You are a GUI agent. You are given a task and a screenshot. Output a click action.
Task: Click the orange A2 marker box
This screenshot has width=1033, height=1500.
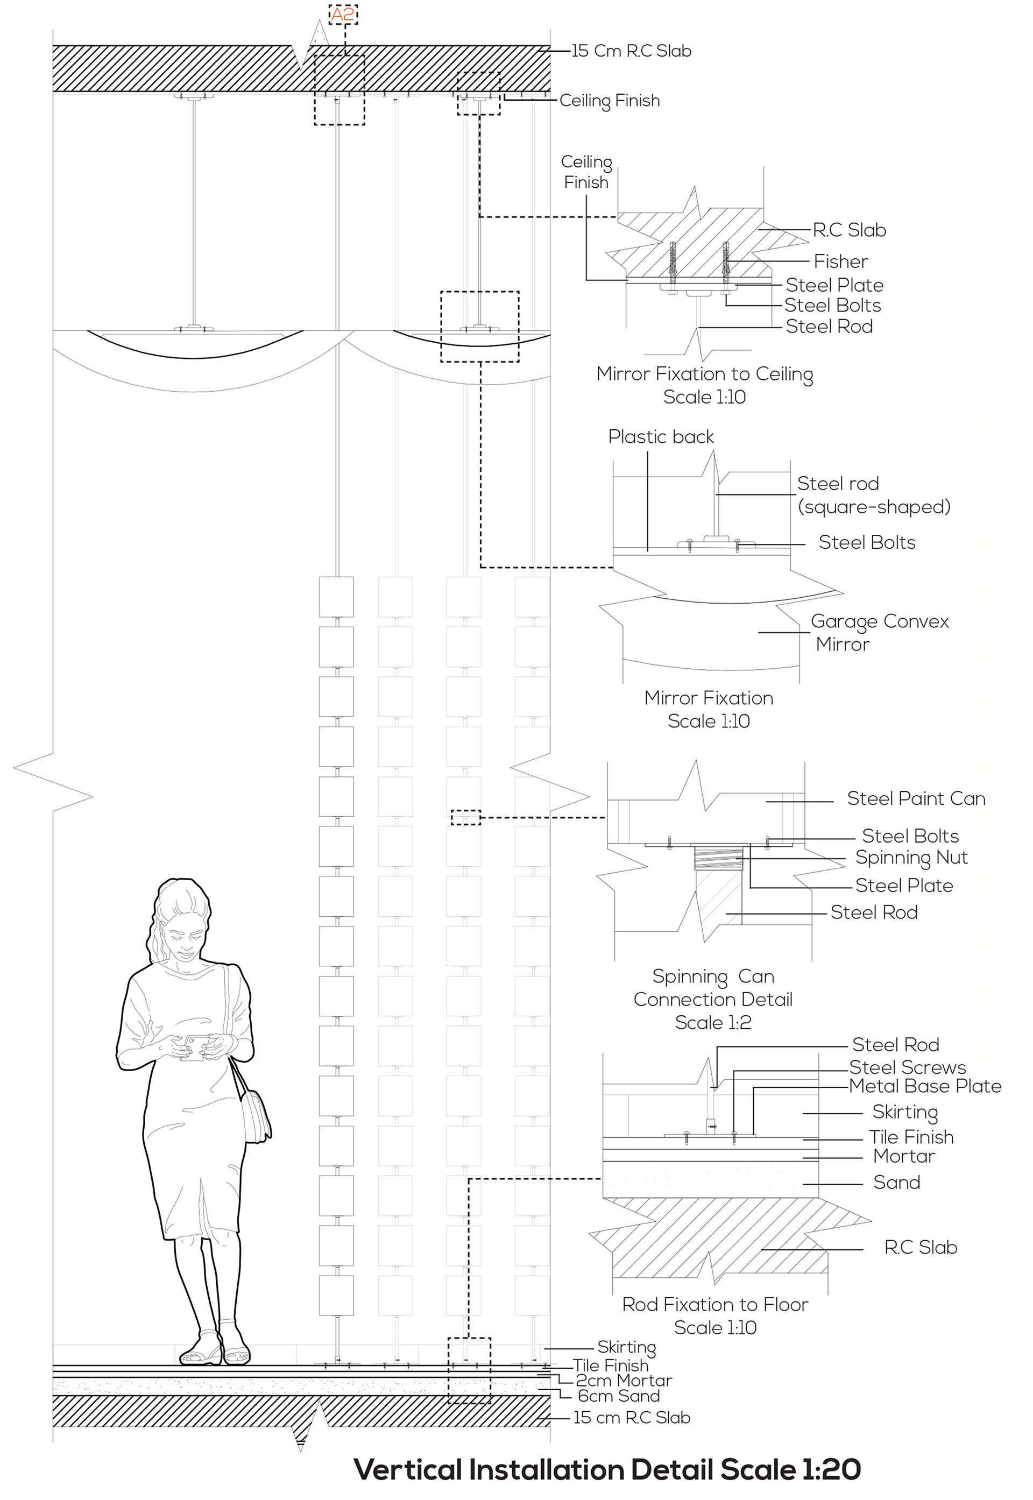click(343, 14)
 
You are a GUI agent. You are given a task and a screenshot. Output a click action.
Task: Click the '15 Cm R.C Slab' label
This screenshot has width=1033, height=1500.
click(631, 51)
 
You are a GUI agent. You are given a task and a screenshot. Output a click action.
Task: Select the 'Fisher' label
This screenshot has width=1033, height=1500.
click(840, 261)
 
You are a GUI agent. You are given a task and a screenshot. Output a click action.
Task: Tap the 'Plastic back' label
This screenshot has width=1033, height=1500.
click(661, 437)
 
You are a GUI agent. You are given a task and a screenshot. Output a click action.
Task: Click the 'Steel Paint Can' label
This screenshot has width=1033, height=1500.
click(915, 798)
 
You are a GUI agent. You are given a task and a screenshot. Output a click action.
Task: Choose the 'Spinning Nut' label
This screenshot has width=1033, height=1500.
click(911, 858)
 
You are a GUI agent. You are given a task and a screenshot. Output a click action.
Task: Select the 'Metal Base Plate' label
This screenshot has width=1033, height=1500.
click(924, 1086)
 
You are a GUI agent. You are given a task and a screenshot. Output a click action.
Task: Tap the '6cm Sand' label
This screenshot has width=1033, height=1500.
click(618, 1396)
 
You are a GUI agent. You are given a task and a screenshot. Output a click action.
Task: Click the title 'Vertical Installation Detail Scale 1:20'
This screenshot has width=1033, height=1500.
click(606, 1469)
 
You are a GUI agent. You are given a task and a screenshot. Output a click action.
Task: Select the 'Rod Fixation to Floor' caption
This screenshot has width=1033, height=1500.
click(714, 1304)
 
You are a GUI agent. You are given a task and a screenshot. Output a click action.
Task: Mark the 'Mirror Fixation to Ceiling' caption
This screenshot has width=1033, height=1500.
click(704, 374)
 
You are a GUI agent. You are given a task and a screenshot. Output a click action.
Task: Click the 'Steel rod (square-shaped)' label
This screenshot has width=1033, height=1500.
click(873, 495)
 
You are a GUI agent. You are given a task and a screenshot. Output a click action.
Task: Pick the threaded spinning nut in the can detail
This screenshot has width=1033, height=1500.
click(717, 859)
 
